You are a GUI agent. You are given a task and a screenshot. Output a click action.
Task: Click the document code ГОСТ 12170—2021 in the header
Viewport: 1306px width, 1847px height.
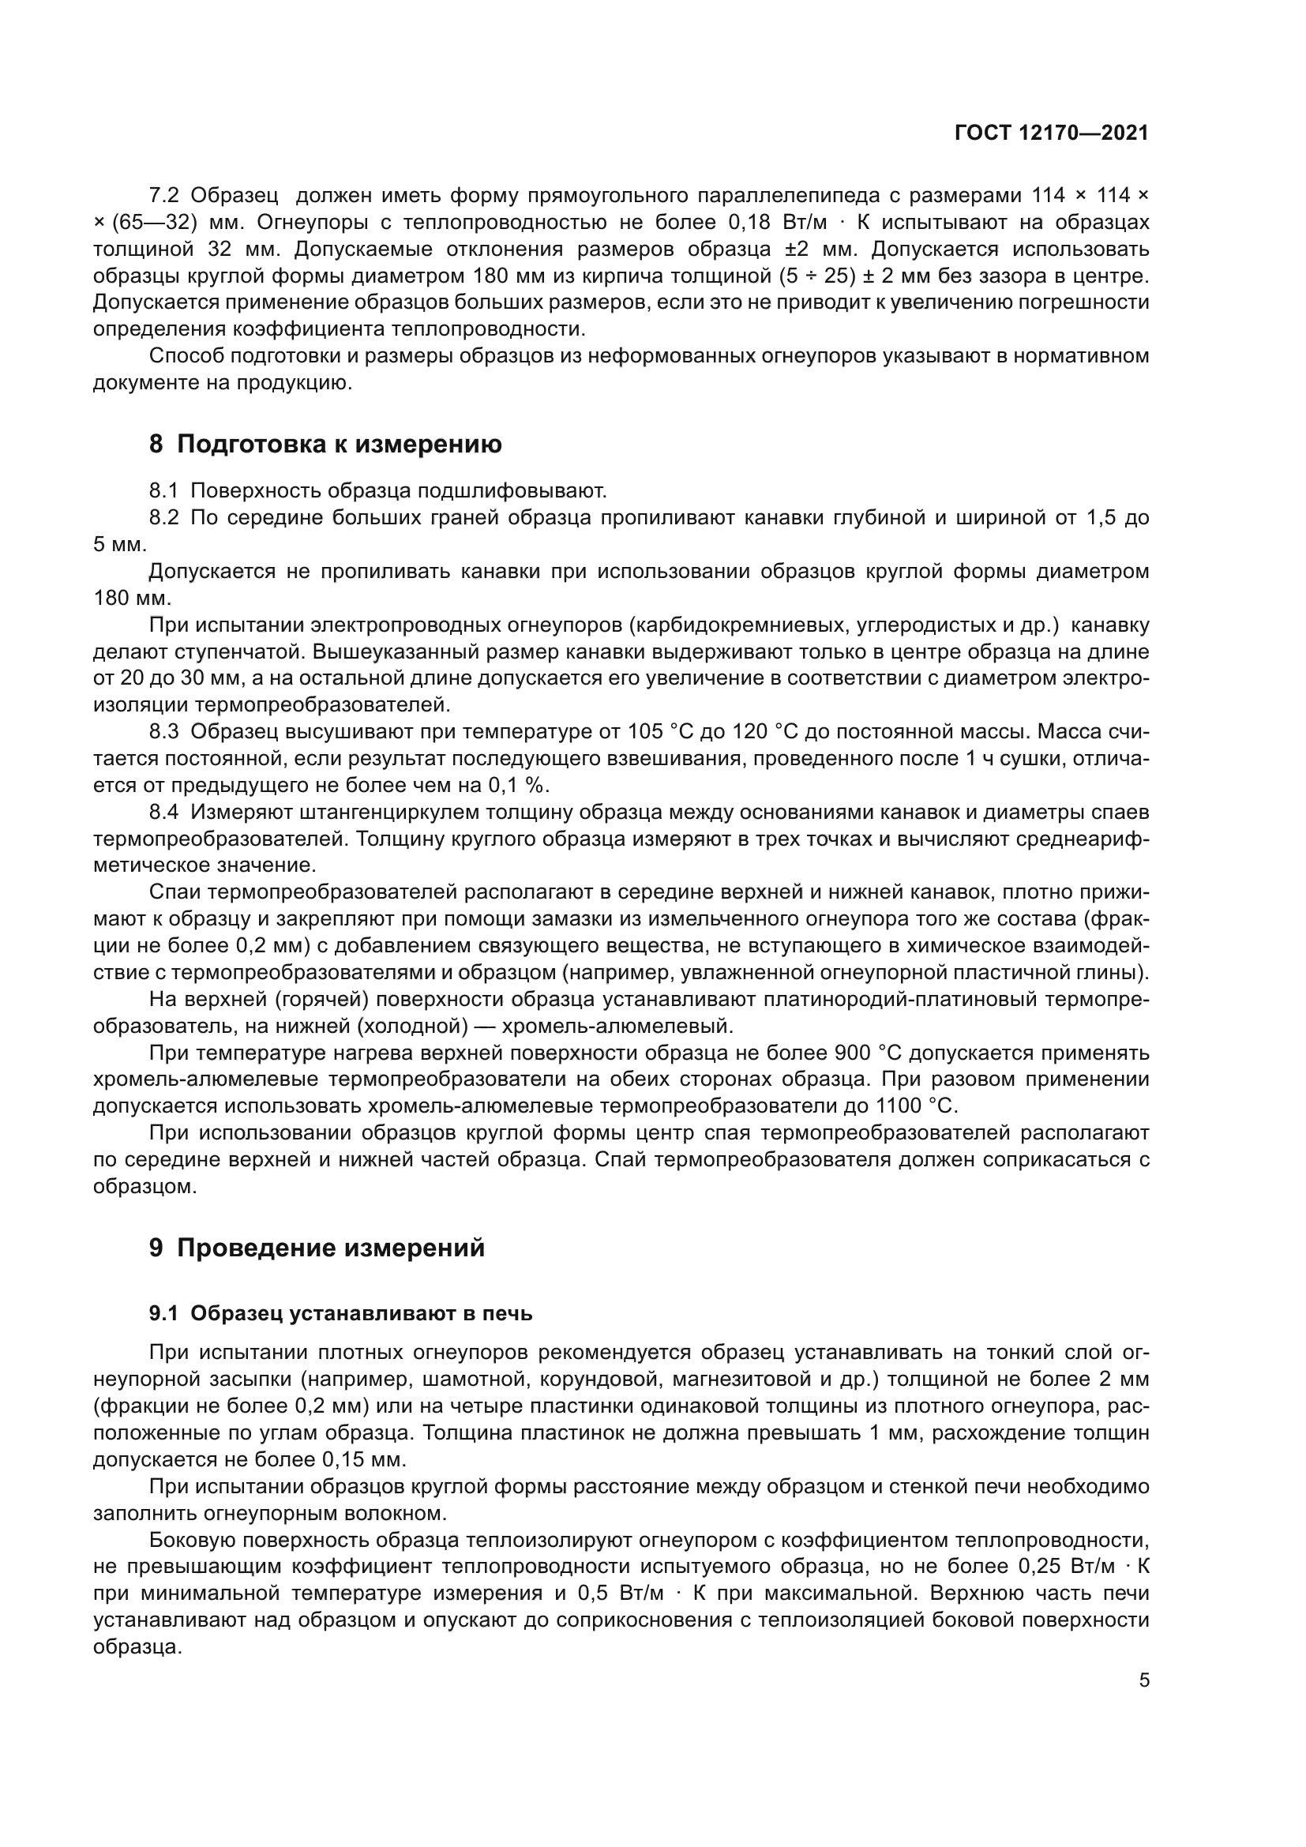pyautogui.click(x=1051, y=133)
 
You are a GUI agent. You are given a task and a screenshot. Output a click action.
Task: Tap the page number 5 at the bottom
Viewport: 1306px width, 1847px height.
pyautogui.click(x=1144, y=1680)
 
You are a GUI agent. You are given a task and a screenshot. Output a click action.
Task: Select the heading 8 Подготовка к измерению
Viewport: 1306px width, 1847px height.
pyautogui.click(x=325, y=444)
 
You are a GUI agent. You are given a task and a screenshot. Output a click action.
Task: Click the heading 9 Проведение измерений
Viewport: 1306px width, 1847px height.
pyautogui.click(x=317, y=1248)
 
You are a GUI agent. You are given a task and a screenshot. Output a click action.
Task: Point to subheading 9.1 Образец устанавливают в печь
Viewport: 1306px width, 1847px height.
pyautogui.click(x=341, y=1314)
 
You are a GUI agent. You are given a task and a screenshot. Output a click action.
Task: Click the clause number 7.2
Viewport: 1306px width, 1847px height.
pyautogui.click(x=164, y=196)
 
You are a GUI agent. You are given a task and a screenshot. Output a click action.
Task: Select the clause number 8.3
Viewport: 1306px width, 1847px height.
pyautogui.click(x=164, y=731)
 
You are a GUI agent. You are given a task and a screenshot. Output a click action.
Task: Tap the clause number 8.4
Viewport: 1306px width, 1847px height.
pyautogui.click(x=164, y=812)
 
